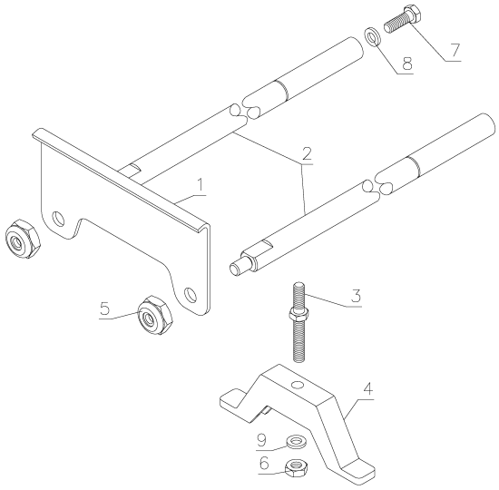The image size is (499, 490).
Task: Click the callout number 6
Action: coord(264,465)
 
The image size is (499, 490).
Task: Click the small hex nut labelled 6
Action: coord(294,467)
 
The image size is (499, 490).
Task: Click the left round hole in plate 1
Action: coord(59,219)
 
